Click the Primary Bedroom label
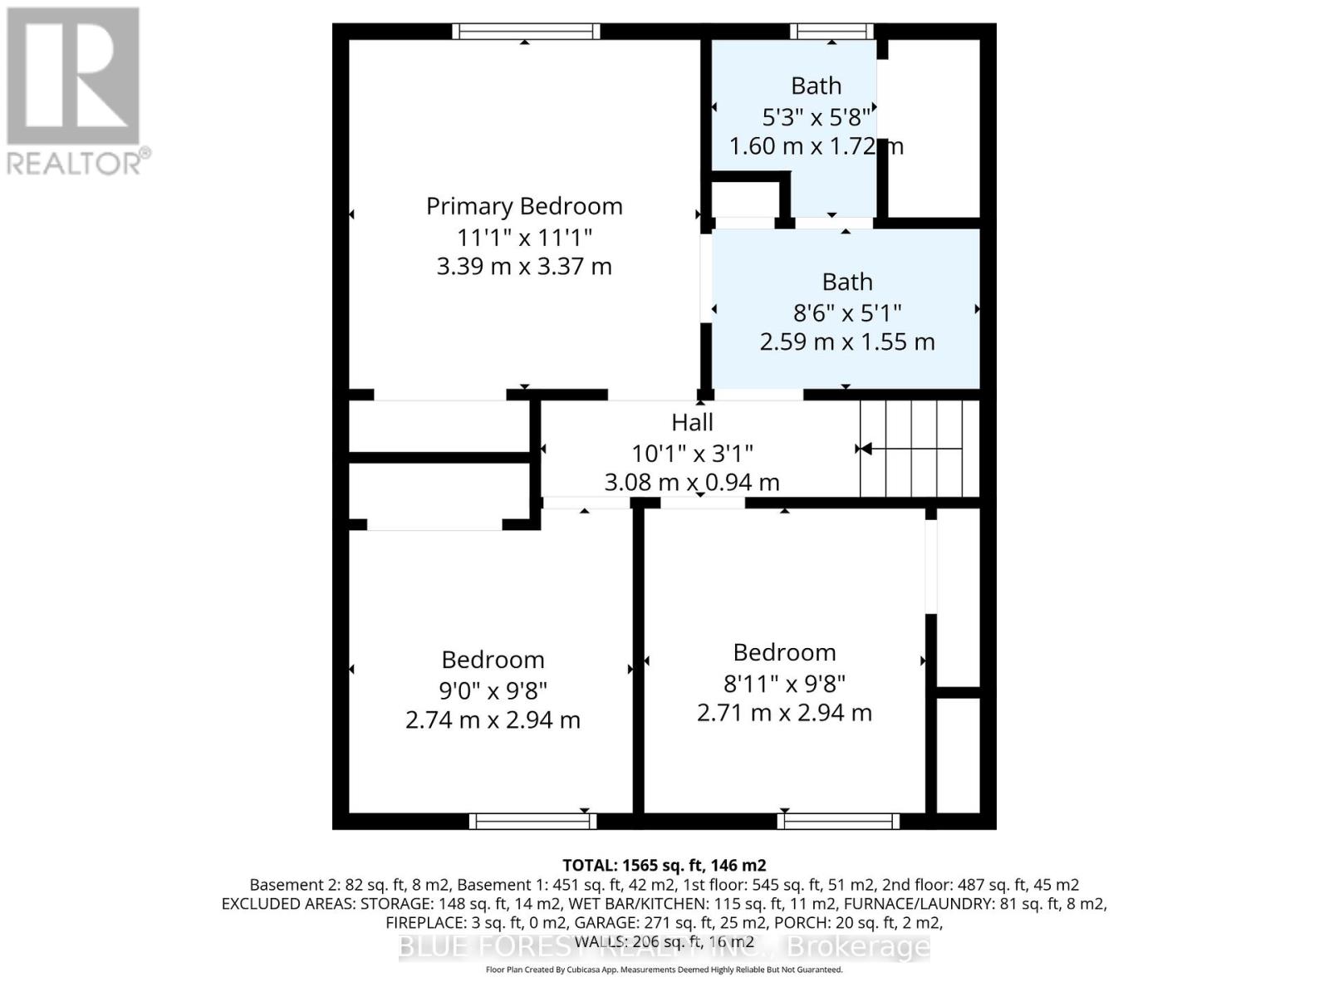(x=524, y=206)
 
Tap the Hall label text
(x=692, y=422)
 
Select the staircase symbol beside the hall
(x=919, y=449)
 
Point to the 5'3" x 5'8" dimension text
(x=816, y=116)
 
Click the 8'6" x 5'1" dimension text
(x=847, y=312)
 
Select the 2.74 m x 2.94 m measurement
(x=493, y=720)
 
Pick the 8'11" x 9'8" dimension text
(x=784, y=683)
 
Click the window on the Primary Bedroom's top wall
(x=525, y=32)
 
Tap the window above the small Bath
(x=831, y=32)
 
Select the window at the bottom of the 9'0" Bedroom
(x=532, y=821)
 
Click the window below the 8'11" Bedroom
(x=838, y=821)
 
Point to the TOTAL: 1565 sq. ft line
(x=664, y=865)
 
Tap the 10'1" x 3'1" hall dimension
(x=692, y=453)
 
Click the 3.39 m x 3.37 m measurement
(x=524, y=267)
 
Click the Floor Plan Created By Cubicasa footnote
(x=664, y=970)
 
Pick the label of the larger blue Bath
(x=847, y=282)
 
